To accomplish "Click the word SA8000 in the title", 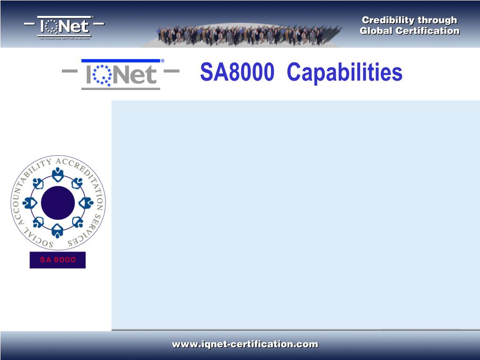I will [237, 73].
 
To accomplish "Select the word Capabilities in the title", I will [345, 74].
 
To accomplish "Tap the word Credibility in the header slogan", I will [389, 20].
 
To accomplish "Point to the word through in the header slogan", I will [437, 20].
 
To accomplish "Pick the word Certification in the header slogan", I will [427, 31].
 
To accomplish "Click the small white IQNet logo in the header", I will [64, 27].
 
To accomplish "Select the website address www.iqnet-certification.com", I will [245, 345].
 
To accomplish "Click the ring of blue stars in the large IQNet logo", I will [102, 75].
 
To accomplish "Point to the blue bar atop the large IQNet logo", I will [120, 61].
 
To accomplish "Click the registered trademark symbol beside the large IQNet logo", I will [163, 61].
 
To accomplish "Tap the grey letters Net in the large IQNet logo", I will [135, 75].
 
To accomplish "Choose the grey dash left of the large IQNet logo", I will [70, 72].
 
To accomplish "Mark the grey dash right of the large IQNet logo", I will [172, 72].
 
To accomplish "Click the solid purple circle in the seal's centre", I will [58, 202].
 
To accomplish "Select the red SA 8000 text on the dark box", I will [58, 260].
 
